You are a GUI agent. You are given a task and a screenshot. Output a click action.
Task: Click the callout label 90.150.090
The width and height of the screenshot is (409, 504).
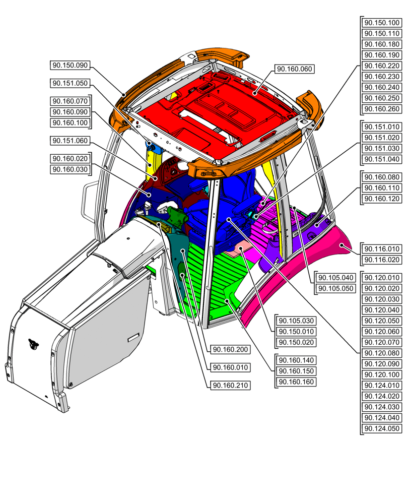click(70, 65)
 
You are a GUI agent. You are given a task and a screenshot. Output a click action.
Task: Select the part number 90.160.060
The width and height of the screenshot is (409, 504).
click(295, 69)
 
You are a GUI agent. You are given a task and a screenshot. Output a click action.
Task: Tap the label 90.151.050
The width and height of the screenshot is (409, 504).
click(70, 83)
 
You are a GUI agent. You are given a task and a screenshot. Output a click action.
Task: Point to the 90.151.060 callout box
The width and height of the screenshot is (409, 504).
click(70, 141)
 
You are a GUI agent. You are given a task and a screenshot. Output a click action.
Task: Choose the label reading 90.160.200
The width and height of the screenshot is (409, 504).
click(231, 350)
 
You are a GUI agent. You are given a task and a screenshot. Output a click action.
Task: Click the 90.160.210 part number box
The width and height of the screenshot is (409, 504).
click(231, 386)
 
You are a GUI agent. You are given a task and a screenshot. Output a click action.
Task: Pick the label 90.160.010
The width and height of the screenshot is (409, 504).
click(231, 367)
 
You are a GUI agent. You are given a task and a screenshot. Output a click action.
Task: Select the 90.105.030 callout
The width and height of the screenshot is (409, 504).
click(296, 321)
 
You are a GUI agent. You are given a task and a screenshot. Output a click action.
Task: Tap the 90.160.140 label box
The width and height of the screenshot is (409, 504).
click(296, 360)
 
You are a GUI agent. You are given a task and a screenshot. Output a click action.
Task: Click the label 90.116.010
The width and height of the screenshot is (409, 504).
click(382, 249)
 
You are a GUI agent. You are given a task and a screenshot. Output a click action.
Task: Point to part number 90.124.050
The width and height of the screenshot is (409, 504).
click(382, 429)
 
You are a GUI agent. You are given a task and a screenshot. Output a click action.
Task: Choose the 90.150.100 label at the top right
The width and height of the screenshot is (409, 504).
click(382, 23)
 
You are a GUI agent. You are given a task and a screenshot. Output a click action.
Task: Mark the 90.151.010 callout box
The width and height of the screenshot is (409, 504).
click(382, 127)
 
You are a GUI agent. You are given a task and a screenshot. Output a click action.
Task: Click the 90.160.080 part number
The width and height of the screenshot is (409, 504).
click(382, 177)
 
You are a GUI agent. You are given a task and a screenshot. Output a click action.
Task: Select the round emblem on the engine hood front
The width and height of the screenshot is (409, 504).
click(33, 344)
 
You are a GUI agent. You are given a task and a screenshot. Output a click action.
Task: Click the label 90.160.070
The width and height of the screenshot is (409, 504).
click(70, 101)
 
